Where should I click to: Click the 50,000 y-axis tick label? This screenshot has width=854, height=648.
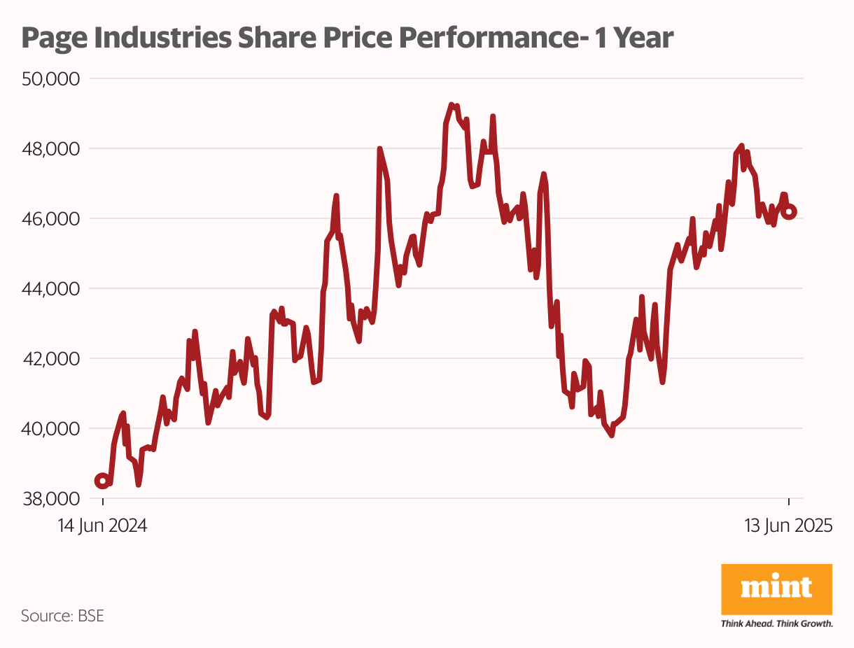(x=52, y=78)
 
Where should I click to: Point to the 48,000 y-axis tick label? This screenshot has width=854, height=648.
(x=52, y=148)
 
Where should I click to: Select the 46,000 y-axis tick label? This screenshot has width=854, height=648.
(x=52, y=218)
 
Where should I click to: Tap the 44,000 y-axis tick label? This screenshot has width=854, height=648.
(x=52, y=288)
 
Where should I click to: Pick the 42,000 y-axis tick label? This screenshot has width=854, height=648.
(x=52, y=358)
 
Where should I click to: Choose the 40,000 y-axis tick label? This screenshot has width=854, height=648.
(x=52, y=428)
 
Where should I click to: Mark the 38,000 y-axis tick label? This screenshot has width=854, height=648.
(x=52, y=498)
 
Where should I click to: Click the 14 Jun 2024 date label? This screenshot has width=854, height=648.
(x=102, y=526)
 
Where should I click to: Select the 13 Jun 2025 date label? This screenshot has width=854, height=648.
(x=788, y=526)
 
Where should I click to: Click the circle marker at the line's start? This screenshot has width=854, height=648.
(x=102, y=481)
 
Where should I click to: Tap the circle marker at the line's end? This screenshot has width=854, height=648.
(x=788, y=211)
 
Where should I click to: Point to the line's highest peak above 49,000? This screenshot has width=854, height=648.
(x=451, y=105)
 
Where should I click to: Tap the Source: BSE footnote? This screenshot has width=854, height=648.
(x=63, y=616)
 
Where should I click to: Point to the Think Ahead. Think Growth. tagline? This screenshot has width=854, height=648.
(x=776, y=624)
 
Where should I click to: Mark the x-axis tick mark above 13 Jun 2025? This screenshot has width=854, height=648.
(x=789, y=501)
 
